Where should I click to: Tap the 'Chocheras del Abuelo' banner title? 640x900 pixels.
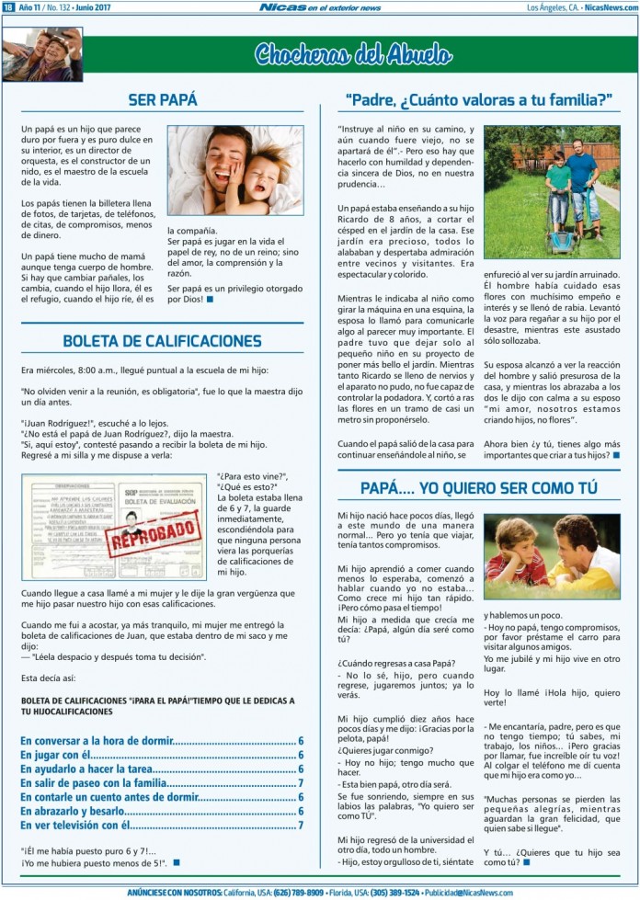pyautogui.click(x=353, y=55)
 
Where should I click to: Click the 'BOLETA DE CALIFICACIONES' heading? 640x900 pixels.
pyautogui.click(x=162, y=341)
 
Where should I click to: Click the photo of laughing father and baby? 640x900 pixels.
pyautogui.click(x=234, y=170)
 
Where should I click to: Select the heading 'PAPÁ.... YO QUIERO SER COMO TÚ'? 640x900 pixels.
pyautogui.click(x=478, y=488)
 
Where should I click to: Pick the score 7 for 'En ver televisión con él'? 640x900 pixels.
pyautogui.click(x=301, y=826)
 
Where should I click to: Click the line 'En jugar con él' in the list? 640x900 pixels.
pyautogui.click(x=60, y=755)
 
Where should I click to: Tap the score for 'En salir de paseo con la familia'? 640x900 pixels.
pyautogui.click(x=301, y=783)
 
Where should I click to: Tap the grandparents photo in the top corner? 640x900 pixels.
pyautogui.click(x=42, y=55)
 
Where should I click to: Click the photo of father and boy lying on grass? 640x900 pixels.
pyautogui.click(x=551, y=557)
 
